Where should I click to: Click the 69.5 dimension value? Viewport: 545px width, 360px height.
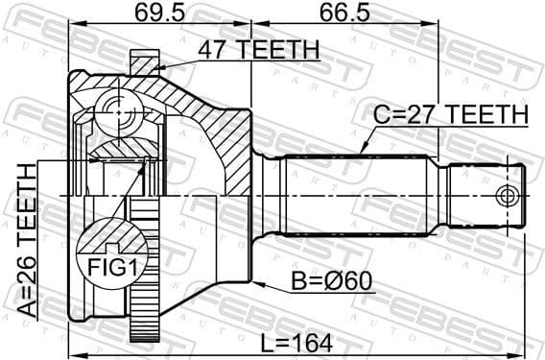pos(159,14)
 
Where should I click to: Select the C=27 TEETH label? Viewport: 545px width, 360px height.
pos(451,114)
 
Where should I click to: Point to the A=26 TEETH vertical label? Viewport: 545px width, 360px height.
pos(27,239)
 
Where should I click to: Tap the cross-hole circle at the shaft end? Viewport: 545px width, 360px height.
pos(507,197)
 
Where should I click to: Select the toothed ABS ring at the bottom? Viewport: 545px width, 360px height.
pos(142,288)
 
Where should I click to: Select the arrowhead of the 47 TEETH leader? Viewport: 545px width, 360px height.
pos(157,66)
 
